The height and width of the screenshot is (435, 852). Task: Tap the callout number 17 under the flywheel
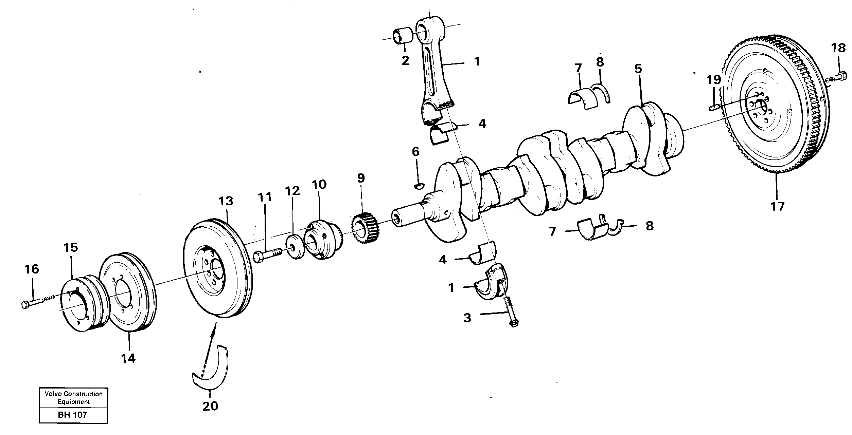click(x=778, y=206)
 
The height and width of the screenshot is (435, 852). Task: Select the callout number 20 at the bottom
click(x=210, y=406)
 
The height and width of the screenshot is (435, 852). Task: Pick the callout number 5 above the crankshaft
click(x=638, y=69)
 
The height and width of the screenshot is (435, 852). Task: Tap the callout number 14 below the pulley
click(x=129, y=358)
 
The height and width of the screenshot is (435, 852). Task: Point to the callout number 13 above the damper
click(x=226, y=201)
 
